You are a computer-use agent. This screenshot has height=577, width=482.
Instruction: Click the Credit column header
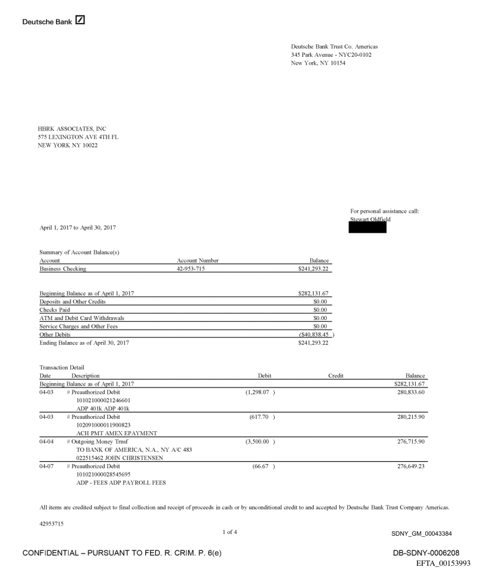click(336, 376)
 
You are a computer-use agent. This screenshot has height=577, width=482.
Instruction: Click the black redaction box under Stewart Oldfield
click(368, 227)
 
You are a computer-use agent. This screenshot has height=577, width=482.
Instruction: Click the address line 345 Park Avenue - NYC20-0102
click(331, 55)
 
